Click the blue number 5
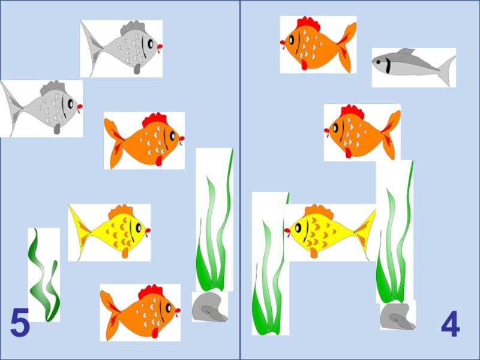pos(20,322)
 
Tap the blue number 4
pos(451,323)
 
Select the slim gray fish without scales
pos(414,65)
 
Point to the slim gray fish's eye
pos(379,62)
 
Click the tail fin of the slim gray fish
pos(448,70)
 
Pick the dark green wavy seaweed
pos(43,275)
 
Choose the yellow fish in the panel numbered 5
pos(109,232)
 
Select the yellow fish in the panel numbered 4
pos(330,232)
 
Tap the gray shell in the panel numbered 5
pos(209,307)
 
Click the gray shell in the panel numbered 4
pos(398,316)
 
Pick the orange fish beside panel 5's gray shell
pos(140,313)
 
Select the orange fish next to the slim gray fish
pos(318,44)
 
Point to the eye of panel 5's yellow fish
pos(139,228)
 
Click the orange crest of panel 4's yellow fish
pos(319,212)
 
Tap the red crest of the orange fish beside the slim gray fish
pos(308,24)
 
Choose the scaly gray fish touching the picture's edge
pos(41,109)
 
